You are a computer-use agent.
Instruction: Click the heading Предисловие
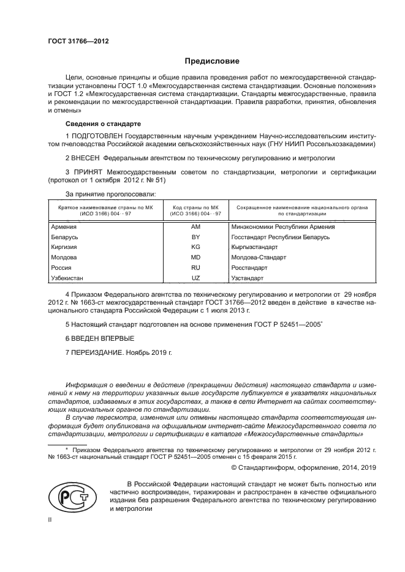tap(213, 61)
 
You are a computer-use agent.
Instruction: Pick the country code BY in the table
tap(196, 236)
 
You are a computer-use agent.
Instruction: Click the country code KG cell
tap(196, 247)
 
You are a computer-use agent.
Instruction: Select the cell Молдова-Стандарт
tap(259, 257)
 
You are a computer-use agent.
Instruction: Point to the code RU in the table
tap(196, 267)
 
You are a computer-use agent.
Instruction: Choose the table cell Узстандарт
tap(248, 278)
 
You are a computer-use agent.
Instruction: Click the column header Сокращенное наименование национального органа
tap(301, 210)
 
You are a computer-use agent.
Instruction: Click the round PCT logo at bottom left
tap(68, 495)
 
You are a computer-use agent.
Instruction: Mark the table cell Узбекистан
tap(67, 278)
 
